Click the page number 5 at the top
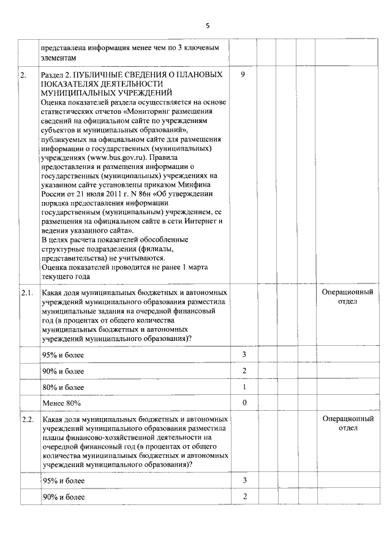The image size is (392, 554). tap(207, 26)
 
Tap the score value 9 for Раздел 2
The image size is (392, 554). tap(244, 75)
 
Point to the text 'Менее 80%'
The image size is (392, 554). tap(61, 403)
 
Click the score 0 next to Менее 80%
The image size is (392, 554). tap(244, 403)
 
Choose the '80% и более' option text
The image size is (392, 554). tap(63, 387)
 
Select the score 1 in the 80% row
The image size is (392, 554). tap(244, 387)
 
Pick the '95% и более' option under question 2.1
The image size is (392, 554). tap(63, 356)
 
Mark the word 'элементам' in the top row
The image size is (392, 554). tap(59, 57)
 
